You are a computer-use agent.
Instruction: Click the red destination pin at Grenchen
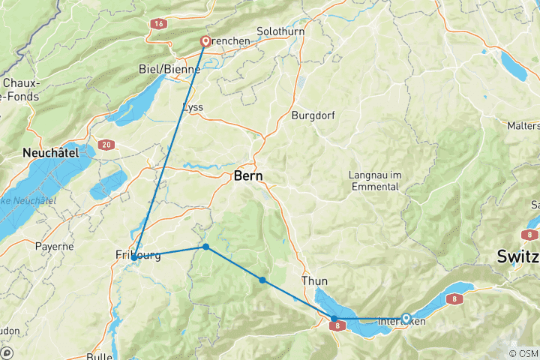205,41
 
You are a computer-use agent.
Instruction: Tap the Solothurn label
277,32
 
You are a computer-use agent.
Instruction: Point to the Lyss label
193,107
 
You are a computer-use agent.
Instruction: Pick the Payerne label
54,246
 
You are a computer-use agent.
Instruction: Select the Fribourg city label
138,255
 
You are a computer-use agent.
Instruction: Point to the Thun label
315,281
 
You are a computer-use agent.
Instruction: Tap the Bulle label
100,356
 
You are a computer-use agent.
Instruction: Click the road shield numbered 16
158,24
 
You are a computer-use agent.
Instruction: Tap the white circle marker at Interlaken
406,318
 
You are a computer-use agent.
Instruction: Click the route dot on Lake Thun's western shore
334,319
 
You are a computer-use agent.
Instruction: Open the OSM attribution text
523,353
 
